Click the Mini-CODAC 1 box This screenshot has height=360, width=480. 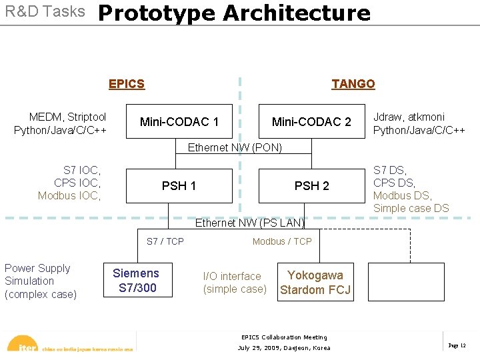point(179,121)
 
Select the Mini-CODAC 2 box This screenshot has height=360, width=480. point(311,121)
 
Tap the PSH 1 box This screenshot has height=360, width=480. point(179,185)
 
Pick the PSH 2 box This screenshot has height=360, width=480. point(311,185)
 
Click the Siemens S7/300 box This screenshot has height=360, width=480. point(136,281)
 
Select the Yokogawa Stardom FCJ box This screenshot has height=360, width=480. point(315,282)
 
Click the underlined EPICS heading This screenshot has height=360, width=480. point(127,83)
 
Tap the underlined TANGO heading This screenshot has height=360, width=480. point(353,83)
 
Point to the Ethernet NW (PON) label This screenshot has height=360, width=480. point(235,147)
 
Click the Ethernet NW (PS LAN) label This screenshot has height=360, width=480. point(249,223)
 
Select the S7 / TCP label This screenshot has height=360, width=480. point(165,241)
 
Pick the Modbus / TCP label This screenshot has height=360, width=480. point(282,241)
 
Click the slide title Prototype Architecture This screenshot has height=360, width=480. point(234,13)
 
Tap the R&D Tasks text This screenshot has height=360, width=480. point(45,11)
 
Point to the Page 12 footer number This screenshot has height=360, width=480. point(457,345)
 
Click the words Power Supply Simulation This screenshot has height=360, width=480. point(37,275)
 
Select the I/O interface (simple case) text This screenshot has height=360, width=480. point(234,283)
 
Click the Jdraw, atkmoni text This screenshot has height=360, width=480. point(409,117)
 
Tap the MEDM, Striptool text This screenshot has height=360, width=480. point(67,117)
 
